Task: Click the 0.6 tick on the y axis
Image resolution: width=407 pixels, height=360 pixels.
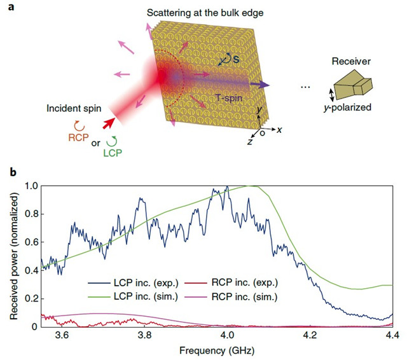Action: pyautogui.click(x=29, y=242)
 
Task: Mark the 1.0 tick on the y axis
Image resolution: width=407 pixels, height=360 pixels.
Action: pyautogui.click(x=29, y=186)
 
